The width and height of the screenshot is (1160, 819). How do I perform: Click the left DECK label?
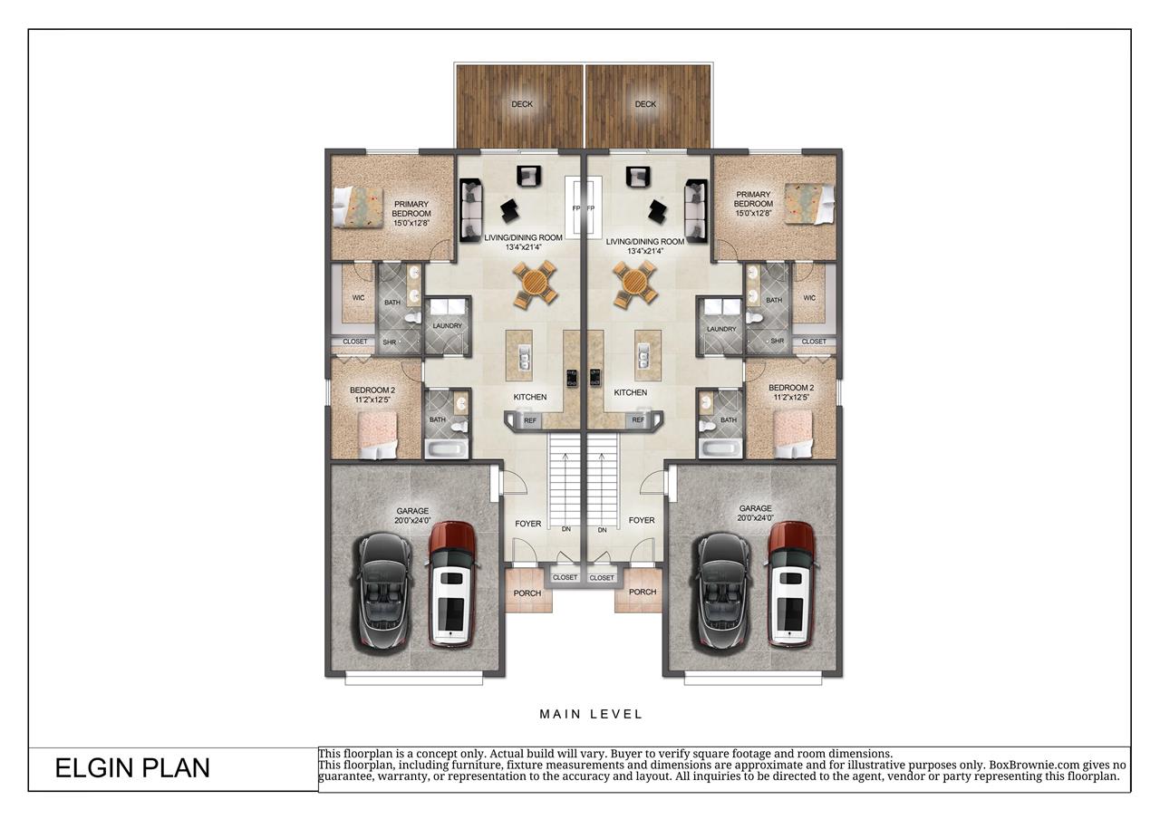tap(522, 104)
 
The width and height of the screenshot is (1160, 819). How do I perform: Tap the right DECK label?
tap(645, 104)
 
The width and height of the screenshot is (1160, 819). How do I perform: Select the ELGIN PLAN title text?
tap(132, 768)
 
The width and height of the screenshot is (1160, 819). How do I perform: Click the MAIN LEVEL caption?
tap(591, 714)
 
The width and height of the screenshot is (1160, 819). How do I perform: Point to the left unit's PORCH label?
tap(527, 593)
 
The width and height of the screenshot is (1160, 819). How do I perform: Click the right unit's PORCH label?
tap(643, 593)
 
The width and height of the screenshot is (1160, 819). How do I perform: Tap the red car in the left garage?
tap(451, 584)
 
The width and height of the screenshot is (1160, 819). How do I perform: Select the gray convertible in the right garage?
tap(725, 590)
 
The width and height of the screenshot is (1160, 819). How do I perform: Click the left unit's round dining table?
tap(536, 284)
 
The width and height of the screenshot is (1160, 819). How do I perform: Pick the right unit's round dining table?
tap(634, 284)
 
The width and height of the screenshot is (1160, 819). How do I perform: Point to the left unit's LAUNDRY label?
tap(448, 326)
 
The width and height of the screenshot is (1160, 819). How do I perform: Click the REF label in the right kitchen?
tap(638, 420)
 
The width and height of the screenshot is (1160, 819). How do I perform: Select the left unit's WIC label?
tap(359, 298)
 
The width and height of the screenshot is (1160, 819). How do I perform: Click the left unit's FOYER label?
tap(527, 524)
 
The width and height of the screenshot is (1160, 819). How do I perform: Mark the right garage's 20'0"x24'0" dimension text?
tap(756, 518)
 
